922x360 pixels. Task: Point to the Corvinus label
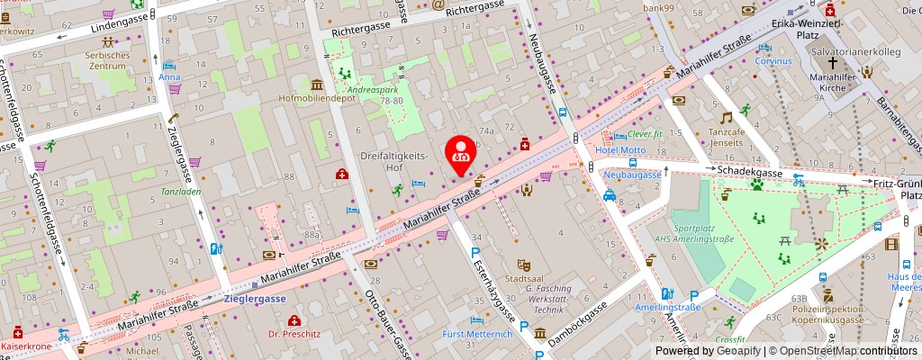click(x=773, y=61)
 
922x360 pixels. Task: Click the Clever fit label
click(x=645, y=134)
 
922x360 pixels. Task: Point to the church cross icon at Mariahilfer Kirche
click(x=833, y=63)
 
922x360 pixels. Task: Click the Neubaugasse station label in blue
click(x=632, y=174)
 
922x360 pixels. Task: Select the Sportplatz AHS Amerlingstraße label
click(x=703, y=232)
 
